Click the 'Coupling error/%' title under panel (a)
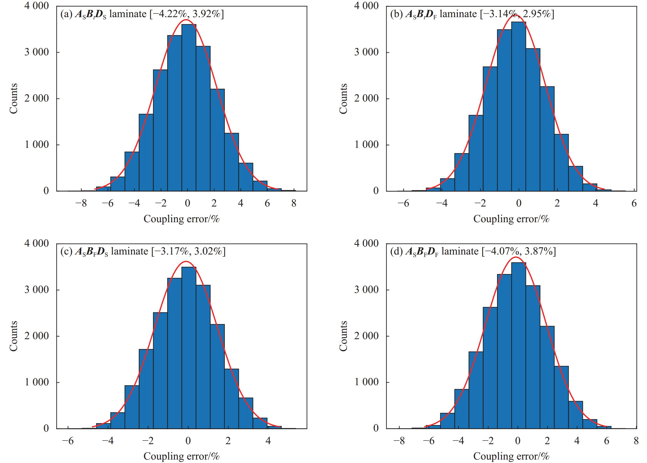[x=182, y=219]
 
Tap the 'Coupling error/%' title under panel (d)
[x=511, y=456]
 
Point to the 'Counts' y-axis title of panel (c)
[x=14, y=336]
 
